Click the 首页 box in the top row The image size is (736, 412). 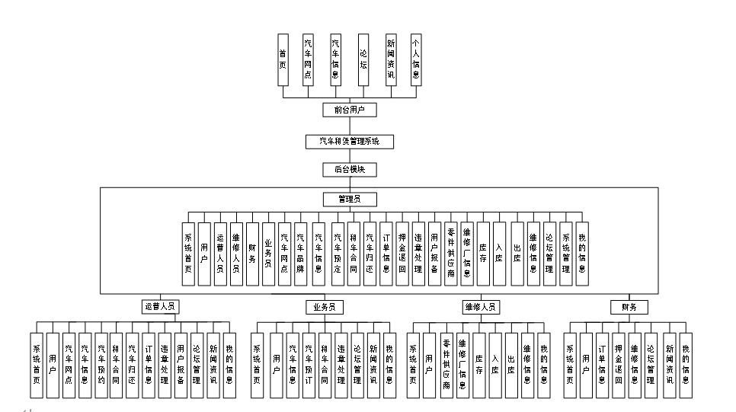[x=283, y=59]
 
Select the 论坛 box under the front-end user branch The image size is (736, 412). [x=363, y=59]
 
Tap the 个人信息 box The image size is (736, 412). [x=415, y=59]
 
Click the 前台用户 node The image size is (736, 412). [x=349, y=110]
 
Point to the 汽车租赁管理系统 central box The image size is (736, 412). [x=349, y=141]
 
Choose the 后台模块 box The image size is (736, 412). [x=349, y=169]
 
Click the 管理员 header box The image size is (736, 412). [x=349, y=199]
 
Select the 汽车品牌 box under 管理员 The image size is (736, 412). [x=300, y=254]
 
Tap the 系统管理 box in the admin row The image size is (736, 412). [x=565, y=254]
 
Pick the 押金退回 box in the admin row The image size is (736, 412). [x=402, y=254]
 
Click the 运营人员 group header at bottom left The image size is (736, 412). [x=159, y=308]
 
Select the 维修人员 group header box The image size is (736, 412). [x=480, y=308]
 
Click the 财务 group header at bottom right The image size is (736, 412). [x=629, y=308]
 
